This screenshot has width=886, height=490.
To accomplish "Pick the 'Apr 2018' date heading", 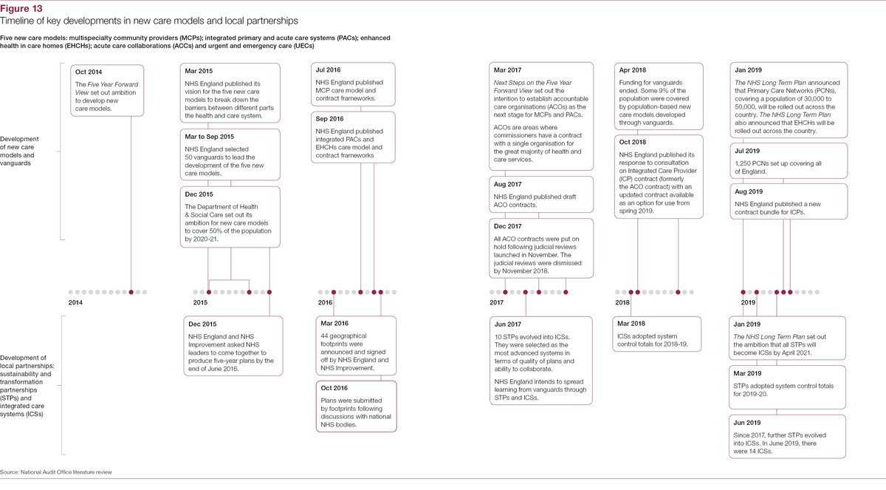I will coord(632,71).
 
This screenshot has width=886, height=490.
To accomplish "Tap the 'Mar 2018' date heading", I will coord(632,324).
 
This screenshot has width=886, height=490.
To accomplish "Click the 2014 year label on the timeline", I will coord(75,303).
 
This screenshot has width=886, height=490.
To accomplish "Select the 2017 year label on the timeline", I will coord(496,303).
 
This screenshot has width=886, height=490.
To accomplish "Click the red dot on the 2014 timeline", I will coord(131,292).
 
